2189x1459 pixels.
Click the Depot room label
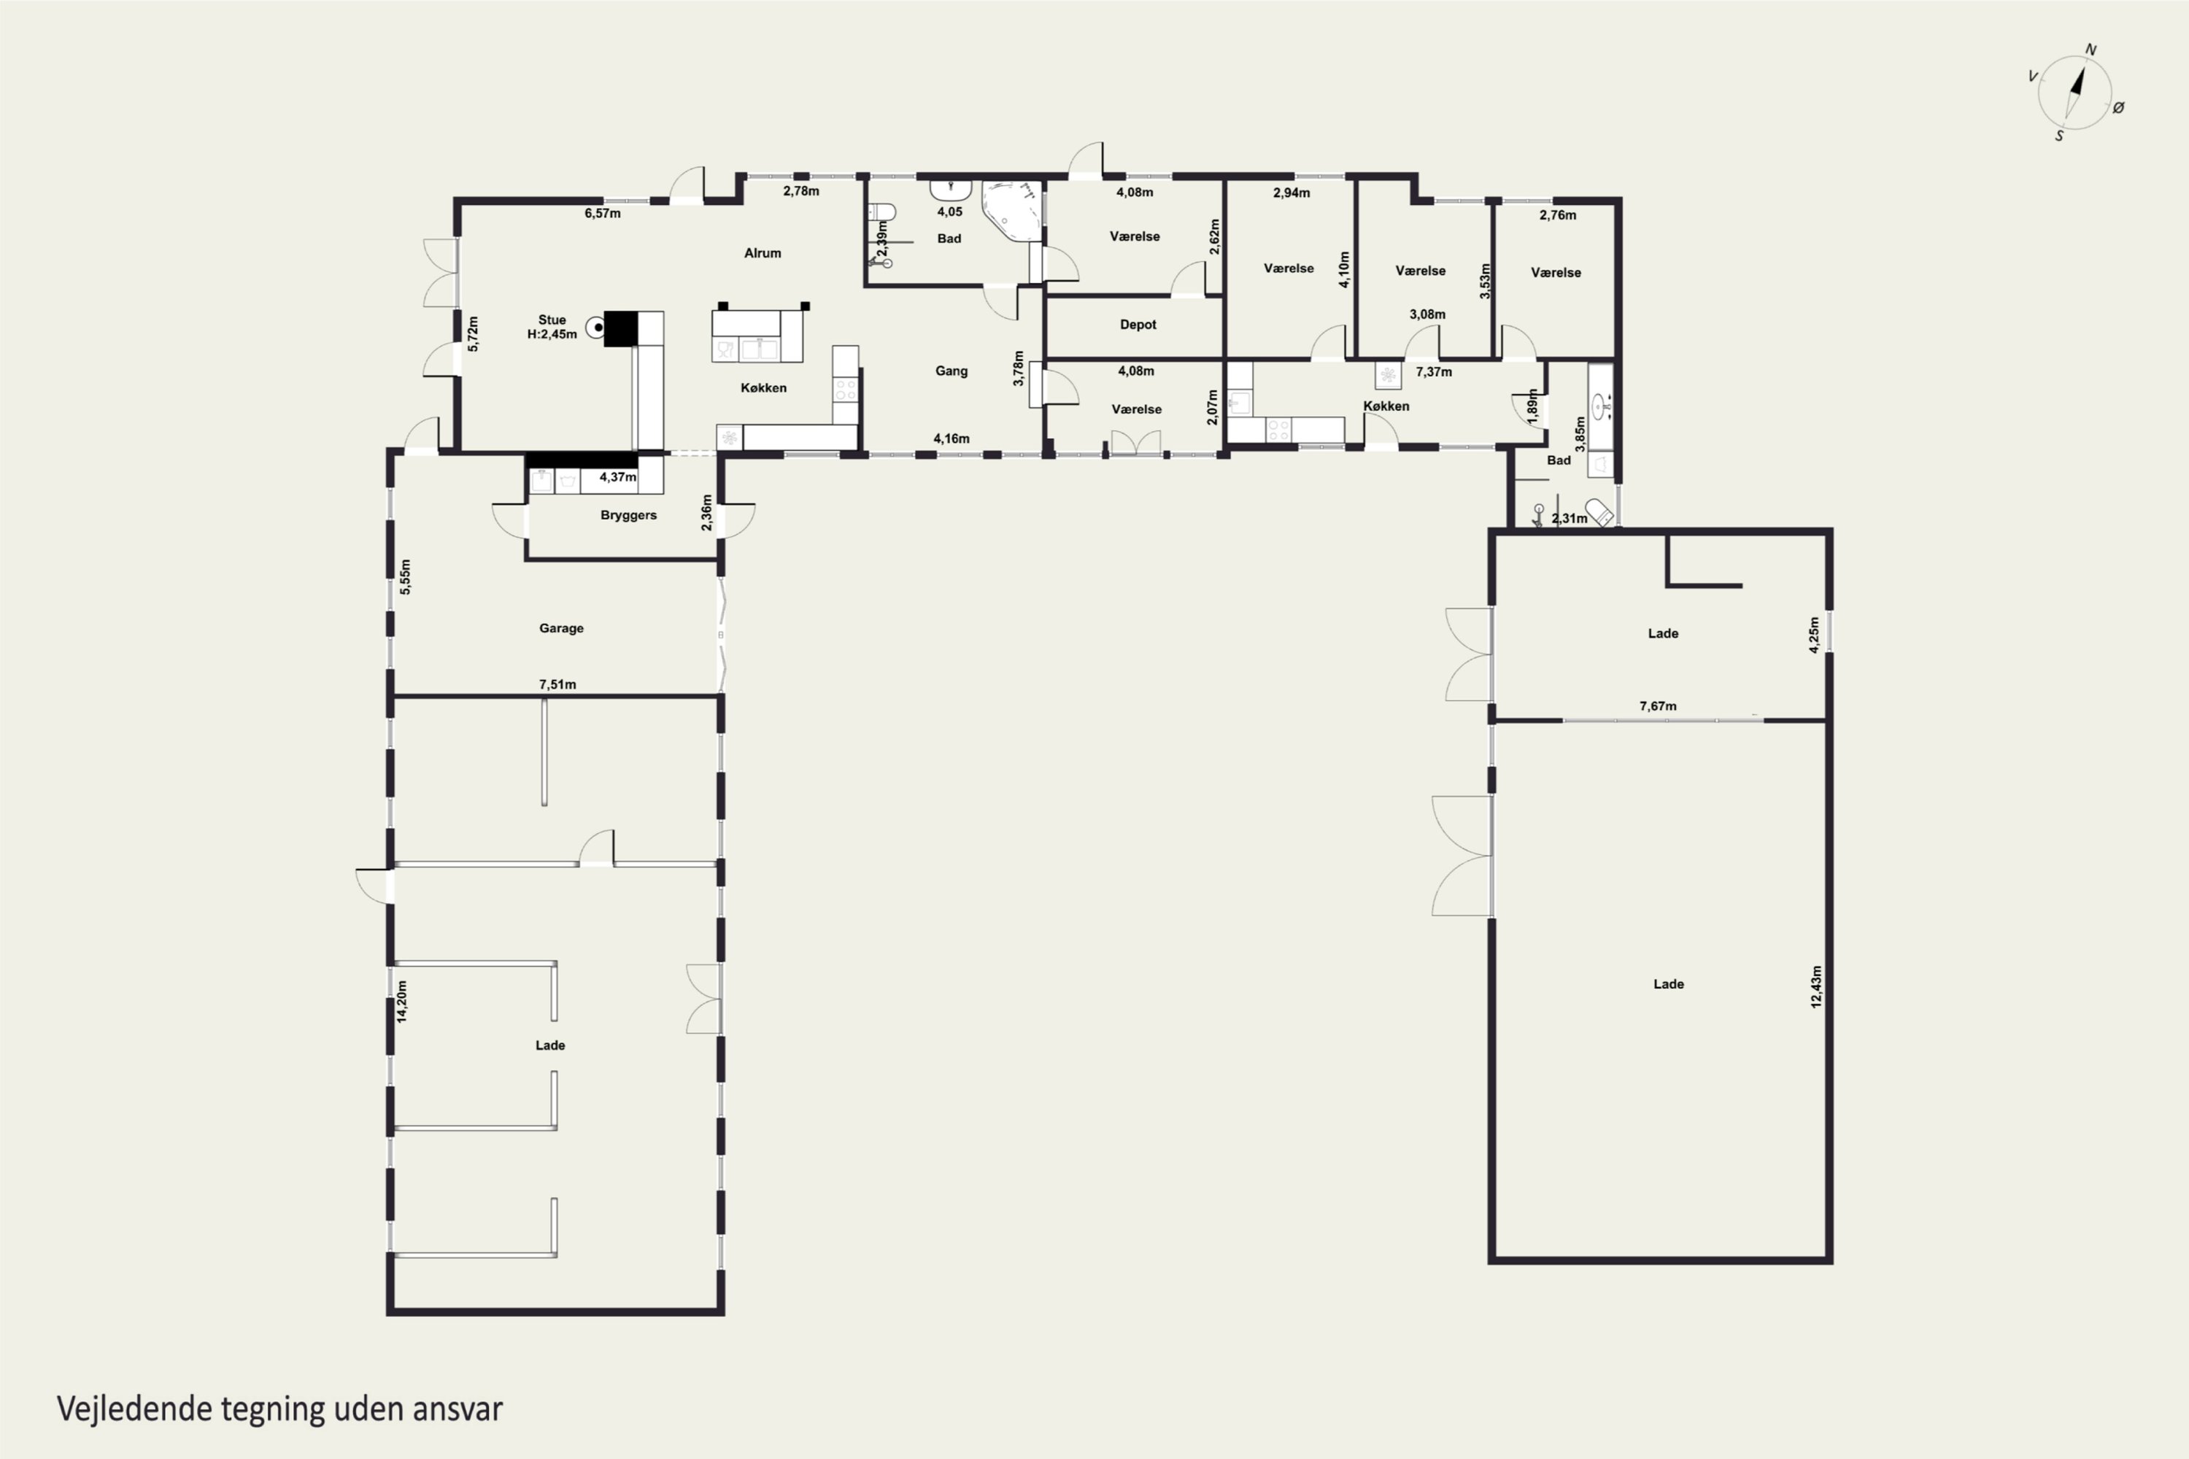pos(1138,325)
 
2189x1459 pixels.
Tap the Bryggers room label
pos(628,516)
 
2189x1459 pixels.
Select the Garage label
pos(561,628)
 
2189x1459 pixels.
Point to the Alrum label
pos(763,253)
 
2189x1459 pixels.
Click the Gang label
pos(951,371)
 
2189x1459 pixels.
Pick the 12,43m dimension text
pos(1816,986)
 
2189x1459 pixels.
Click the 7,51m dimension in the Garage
pos(557,685)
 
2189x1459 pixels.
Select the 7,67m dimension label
pos(1658,706)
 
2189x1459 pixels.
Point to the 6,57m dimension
pos(602,213)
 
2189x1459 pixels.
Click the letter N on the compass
pos(2090,50)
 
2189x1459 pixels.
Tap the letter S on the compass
pos(2058,136)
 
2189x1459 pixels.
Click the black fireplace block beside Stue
pos(621,328)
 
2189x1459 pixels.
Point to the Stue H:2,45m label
pos(552,328)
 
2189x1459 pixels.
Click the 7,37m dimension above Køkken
pos(1433,372)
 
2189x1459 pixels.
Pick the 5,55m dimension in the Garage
pos(405,577)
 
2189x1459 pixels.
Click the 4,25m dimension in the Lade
pos(1814,635)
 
